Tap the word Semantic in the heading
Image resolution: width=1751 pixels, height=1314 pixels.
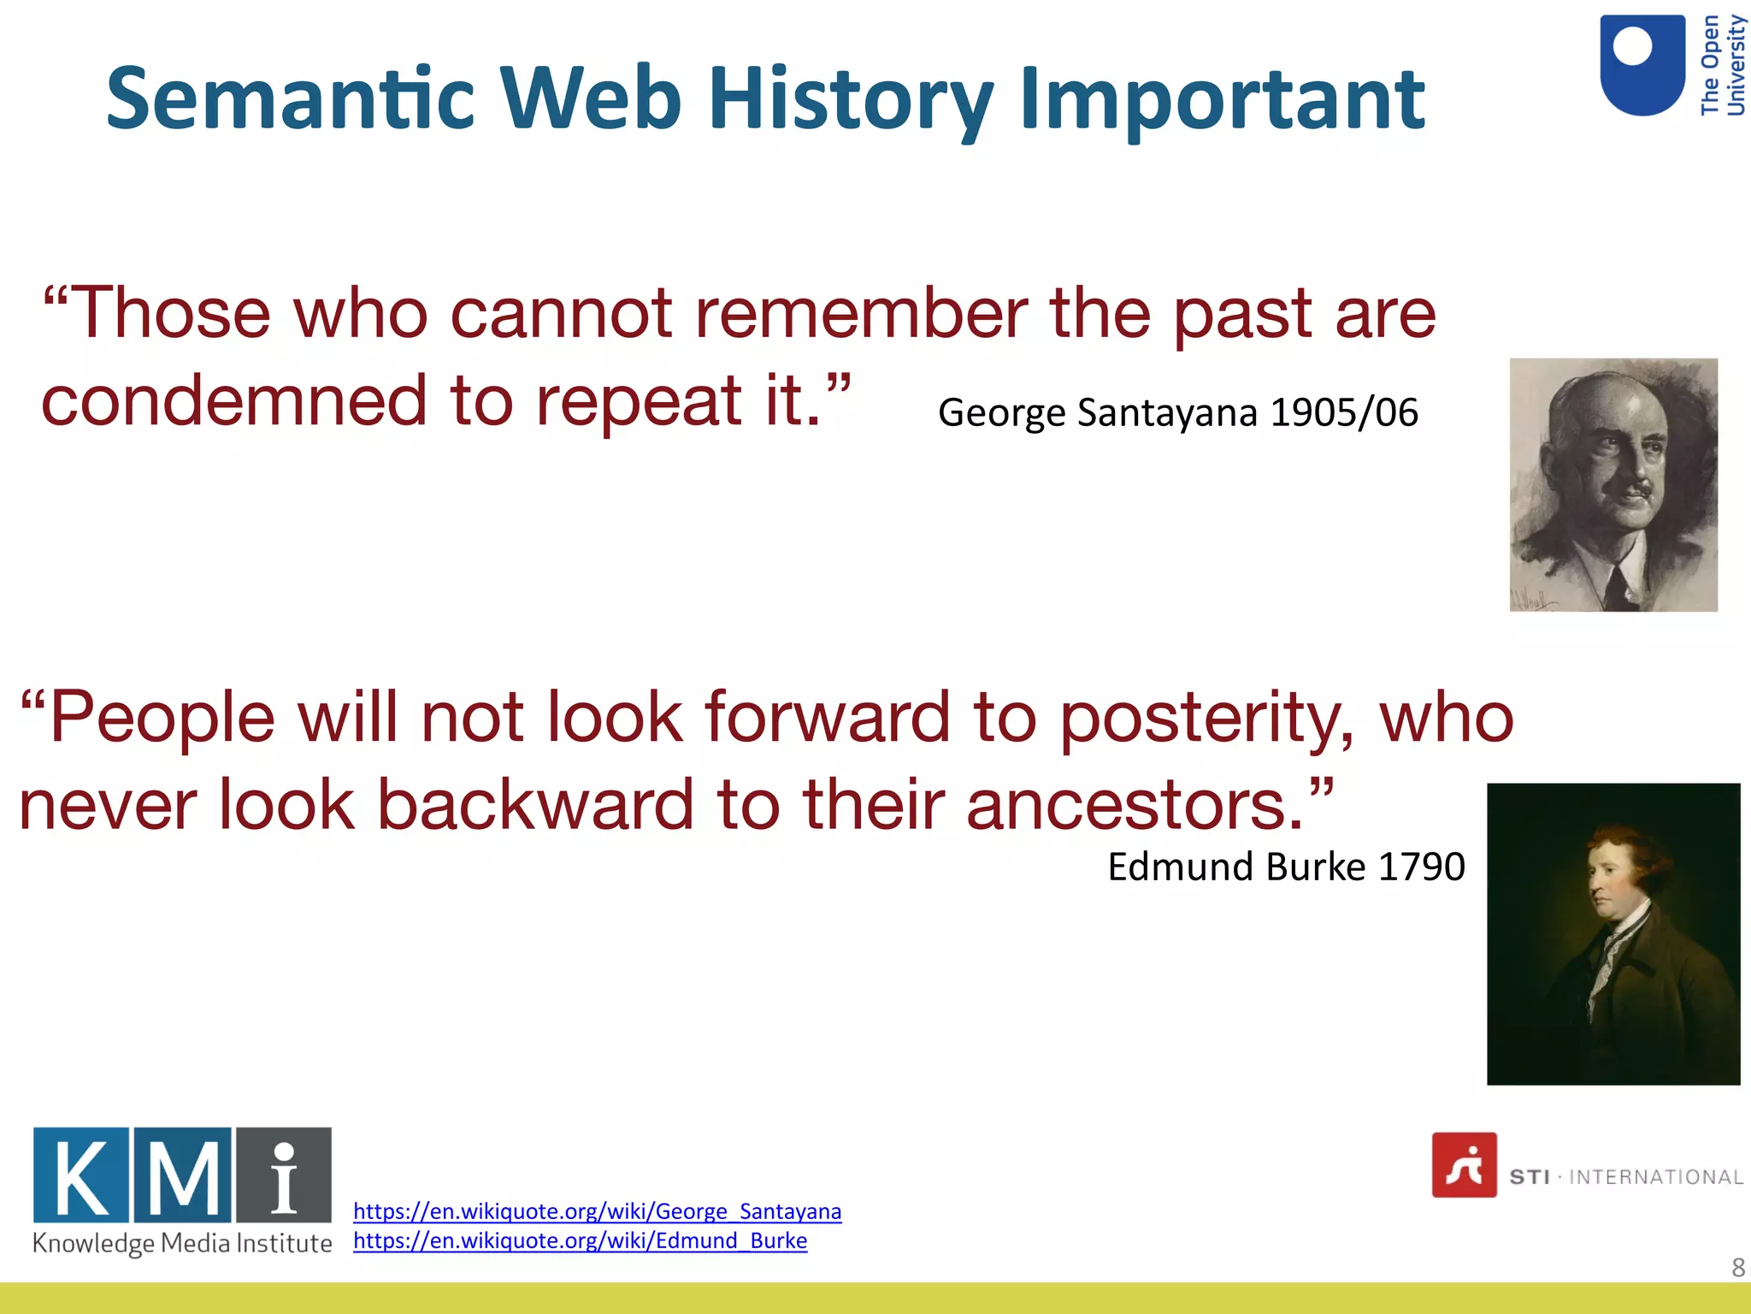click(290, 99)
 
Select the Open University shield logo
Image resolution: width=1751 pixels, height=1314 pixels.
click(1642, 65)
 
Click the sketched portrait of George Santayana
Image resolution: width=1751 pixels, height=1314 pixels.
click(1612, 484)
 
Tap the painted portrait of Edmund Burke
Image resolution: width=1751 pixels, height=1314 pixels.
click(1612, 933)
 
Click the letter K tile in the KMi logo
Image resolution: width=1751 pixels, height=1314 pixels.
click(81, 1175)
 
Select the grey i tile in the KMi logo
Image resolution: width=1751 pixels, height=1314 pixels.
click(284, 1175)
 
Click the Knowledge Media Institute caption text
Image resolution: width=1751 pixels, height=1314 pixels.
click(182, 1243)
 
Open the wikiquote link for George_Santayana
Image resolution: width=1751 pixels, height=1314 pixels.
click(597, 1211)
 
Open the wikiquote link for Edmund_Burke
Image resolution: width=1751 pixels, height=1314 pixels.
click(580, 1240)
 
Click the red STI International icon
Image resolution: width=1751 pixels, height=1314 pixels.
click(1464, 1165)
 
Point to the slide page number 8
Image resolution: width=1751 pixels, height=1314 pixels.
click(1737, 1267)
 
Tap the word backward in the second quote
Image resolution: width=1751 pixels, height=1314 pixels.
click(535, 806)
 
